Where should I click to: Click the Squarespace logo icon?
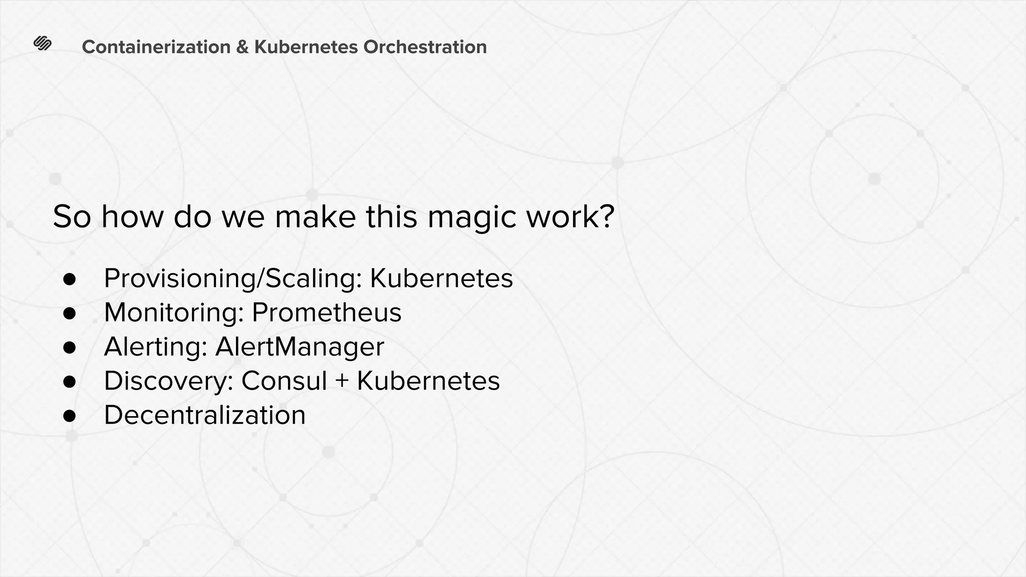[x=43, y=44]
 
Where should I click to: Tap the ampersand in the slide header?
[x=242, y=47]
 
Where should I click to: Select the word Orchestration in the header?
[x=425, y=47]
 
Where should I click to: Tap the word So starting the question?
[x=72, y=217]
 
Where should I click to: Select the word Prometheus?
[x=326, y=313]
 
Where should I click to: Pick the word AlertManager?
[x=299, y=347]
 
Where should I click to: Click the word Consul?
[x=284, y=381]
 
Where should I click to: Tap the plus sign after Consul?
[x=342, y=381]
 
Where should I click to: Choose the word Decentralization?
[x=204, y=415]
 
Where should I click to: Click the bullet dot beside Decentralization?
[x=69, y=416]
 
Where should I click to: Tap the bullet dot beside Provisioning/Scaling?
[x=69, y=279]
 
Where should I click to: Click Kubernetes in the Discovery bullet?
[x=428, y=381]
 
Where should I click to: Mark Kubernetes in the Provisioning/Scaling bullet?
[x=441, y=278]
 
